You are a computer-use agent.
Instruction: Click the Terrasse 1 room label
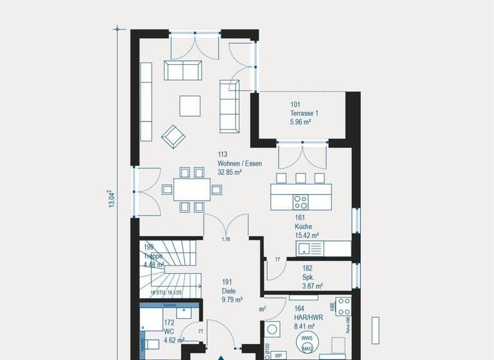coord(304,113)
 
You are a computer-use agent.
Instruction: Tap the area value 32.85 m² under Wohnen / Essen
coord(230,172)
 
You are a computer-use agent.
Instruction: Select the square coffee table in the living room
coord(190,105)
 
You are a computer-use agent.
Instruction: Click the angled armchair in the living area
coord(173,136)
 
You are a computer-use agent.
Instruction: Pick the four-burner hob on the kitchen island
coord(301,202)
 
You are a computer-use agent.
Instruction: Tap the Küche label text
coord(304,227)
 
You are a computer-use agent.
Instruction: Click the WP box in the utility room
coord(279,355)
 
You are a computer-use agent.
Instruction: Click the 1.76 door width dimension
coord(226,240)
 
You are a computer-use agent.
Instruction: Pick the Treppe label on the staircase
coord(154,255)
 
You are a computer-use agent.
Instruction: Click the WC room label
coord(169,332)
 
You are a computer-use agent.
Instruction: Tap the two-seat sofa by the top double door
coord(183,71)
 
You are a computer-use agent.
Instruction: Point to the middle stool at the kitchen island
coord(300,178)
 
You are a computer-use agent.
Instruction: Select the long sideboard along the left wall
coord(146,102)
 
